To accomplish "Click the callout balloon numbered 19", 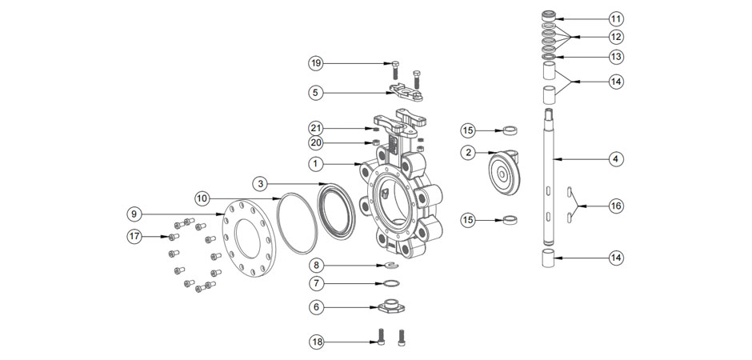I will click(x=317, y=63).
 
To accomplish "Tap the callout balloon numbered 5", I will click(x=317, y=92).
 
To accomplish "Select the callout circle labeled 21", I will click(x=317, y=129).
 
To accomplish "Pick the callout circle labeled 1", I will click(x=317, y=164).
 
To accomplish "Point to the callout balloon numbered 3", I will click(x=261, y=183).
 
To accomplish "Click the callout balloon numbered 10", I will click(x=202, y=197).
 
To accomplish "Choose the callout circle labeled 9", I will click(x=134, y=214).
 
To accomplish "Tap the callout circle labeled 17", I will click(x=134, y=236).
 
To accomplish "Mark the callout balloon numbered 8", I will click(x=317, y=264).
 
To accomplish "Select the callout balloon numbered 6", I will click(x=317, y=306).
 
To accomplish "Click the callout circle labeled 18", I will click(x=317, y=342).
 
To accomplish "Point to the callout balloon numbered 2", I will click(x=468, y=152).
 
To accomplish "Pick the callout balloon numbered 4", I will click(x=615, y=159).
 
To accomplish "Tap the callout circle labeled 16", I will click(x=615, y=206).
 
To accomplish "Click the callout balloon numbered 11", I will click(x=615, y=18).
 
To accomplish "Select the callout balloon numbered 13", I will click(x=615, y=57).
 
